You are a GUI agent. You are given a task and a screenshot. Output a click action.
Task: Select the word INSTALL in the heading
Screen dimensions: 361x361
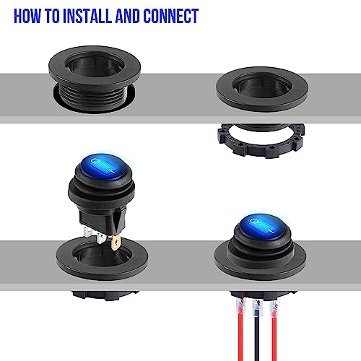[90, 16]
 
